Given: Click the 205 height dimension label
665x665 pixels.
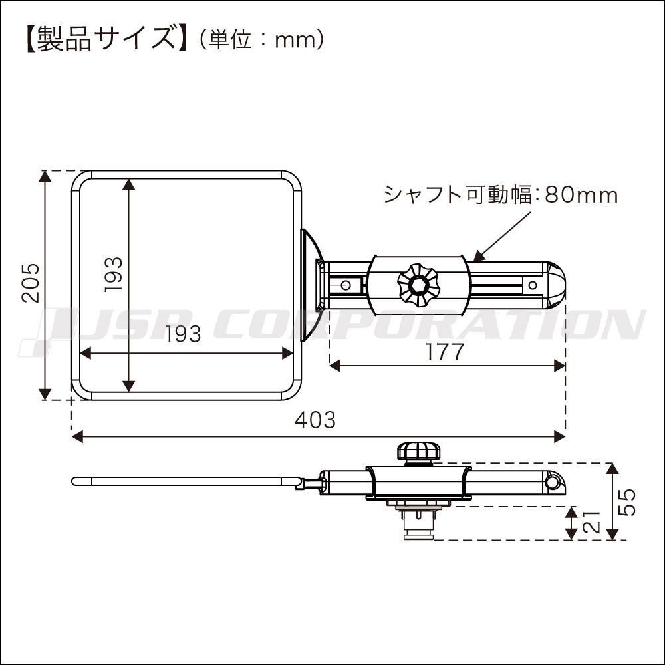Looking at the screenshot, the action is [x=31, y=283].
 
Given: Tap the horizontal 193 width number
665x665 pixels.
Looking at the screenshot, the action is [x=182, y=334].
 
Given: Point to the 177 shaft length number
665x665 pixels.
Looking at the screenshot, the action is [x=445, y=352].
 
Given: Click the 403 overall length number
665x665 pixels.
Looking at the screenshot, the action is [x=315, y=420].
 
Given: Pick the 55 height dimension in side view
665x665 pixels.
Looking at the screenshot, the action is [x=627, y=502].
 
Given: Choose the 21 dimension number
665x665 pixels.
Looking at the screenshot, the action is [x=593, y=521].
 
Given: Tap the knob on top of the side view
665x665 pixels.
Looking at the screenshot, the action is [x=417, y=452].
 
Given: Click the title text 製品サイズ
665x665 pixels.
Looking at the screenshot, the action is [x=106, y=39].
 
